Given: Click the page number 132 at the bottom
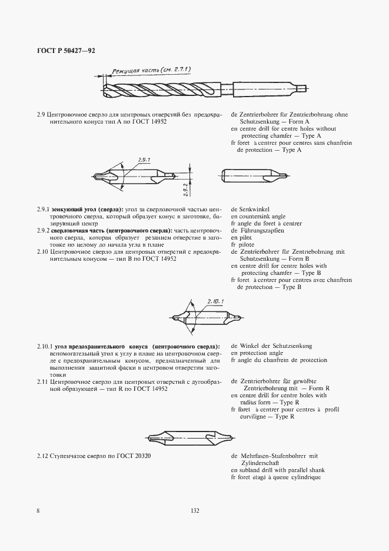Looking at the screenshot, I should tap(195, 511).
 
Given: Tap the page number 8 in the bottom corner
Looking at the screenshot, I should tap(38, 511).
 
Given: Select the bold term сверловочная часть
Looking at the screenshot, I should tap(79, 231).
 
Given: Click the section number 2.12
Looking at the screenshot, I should tap(42, 456).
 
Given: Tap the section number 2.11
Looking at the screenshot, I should tap(42, 381).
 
